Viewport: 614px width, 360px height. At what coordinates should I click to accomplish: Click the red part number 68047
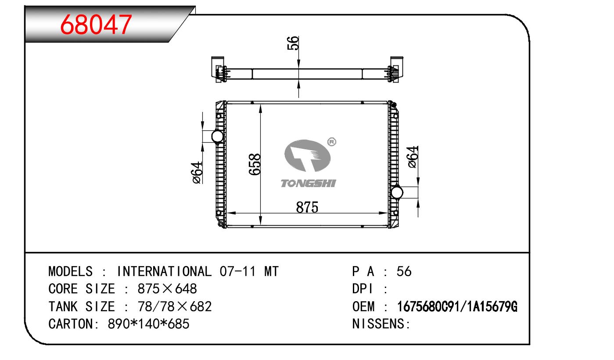96,25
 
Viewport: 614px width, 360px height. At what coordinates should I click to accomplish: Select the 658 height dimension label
255,164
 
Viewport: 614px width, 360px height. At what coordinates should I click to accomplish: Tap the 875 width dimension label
307,207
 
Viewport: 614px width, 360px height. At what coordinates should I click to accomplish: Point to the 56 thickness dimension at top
293,43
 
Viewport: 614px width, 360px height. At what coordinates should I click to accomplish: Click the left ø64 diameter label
197,173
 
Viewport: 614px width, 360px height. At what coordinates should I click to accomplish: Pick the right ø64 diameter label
413,157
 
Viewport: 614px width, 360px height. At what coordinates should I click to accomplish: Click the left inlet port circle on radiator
217,136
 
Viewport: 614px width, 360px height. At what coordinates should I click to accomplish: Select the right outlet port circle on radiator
397,192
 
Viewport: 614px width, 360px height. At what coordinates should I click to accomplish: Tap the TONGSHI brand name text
308,184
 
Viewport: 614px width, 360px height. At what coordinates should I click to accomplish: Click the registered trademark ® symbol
332,142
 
